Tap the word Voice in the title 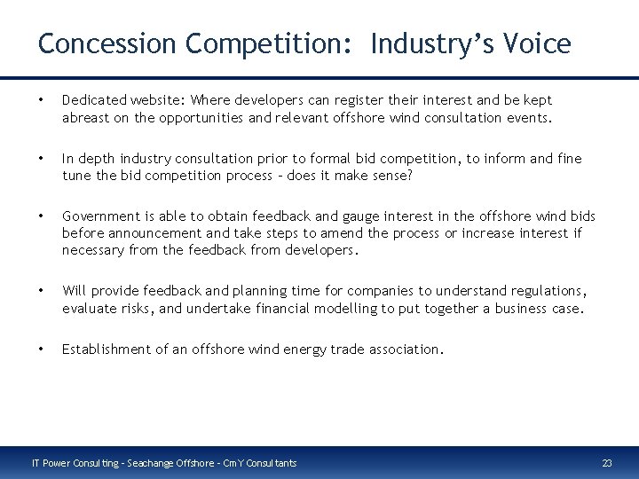[x=537, y=43]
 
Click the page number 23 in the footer [x=607, y=463]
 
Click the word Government [x=100, y=216]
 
